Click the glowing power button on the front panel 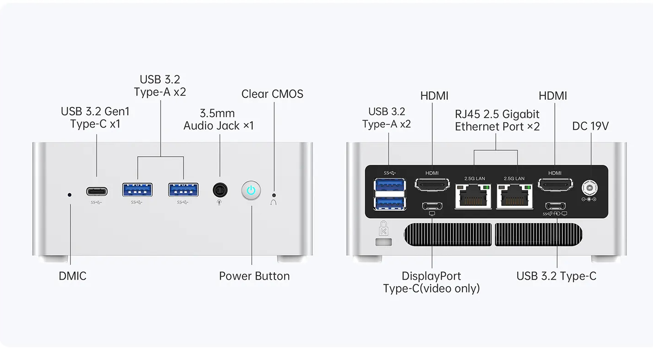[251, 191]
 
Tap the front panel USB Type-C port [97, 191]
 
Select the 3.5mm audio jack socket [220, 190]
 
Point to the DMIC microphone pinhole [70, 195]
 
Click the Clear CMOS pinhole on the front [274, 195]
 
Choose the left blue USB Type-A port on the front [137, 190]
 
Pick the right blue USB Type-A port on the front [183, 190]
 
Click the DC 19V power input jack [589, 187]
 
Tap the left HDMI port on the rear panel [432, 185]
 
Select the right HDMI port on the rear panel [555, 185]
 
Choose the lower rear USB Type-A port [390, 203]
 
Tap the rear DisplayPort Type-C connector [432, 206]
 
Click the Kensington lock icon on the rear [383, 229]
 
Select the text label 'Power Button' [254, 276]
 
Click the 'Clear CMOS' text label [272, 94]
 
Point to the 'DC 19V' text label [590, 126]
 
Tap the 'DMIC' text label [73, 276]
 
